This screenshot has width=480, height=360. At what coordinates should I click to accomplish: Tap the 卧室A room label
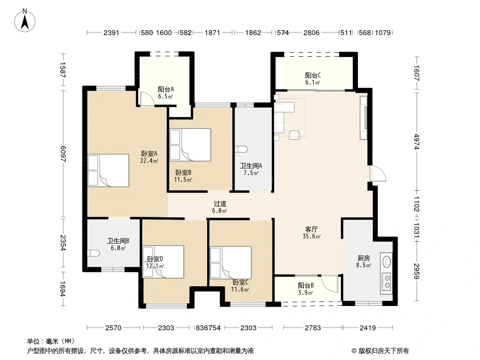click(x=149, y=153)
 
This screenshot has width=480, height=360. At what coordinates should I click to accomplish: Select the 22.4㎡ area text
click(x=149, y=161)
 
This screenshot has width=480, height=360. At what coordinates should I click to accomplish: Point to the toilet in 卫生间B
click(x=93, y=253)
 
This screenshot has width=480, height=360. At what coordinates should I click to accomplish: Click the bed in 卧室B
click(x=190, y=144)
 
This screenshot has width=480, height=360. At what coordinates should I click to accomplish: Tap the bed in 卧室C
click(x=231, y=262)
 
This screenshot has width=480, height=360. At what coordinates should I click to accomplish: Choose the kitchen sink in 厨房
click(x=387, y=261)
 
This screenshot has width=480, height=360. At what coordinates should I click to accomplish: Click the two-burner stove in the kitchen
click(x=387, y=281)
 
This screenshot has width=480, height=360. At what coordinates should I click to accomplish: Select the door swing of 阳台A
click(x=146, y=99)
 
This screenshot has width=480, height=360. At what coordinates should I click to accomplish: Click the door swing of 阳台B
click(x=330, y=283)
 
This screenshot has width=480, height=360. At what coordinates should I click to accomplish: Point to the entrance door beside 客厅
click(x=378, y=174)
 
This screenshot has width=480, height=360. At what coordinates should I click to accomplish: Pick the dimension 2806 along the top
click(x=311, y=32)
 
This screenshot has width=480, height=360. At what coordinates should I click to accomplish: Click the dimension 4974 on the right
click(x=417, y=141)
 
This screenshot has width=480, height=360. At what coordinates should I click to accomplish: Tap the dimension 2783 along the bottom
click(x=312, y=328)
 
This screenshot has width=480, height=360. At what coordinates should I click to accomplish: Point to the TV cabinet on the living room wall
click(x=363, y=118)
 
